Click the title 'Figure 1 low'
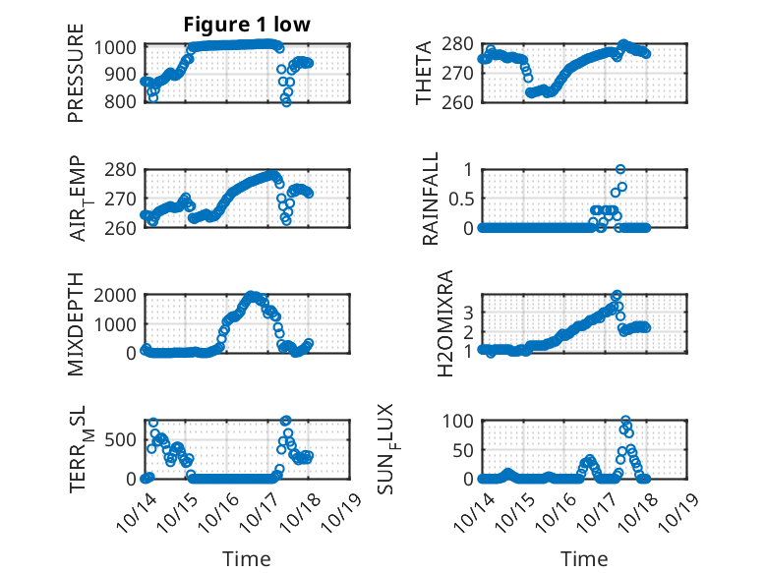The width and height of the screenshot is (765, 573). pyautogui.click(x=247, y=26)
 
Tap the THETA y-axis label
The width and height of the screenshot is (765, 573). pyautogui.click(x=425, y=74)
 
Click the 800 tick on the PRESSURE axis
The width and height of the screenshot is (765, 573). pyautogui.click(x=125, y=101)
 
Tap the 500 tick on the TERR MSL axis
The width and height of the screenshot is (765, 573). pyautogui.click(x=125, y=439)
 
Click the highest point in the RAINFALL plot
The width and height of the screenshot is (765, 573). pyautogui.click(x=620, y=169)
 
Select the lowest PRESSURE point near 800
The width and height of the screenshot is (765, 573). pyautogui.click(x=286, y=101)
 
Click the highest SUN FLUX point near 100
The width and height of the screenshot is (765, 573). pyautogui.click(x=625, y=421)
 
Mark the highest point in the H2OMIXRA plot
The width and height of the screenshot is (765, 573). pyautogui.click(x=618, y=295)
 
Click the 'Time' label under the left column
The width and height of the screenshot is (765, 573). pyautogui.click(x=247, y=559)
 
